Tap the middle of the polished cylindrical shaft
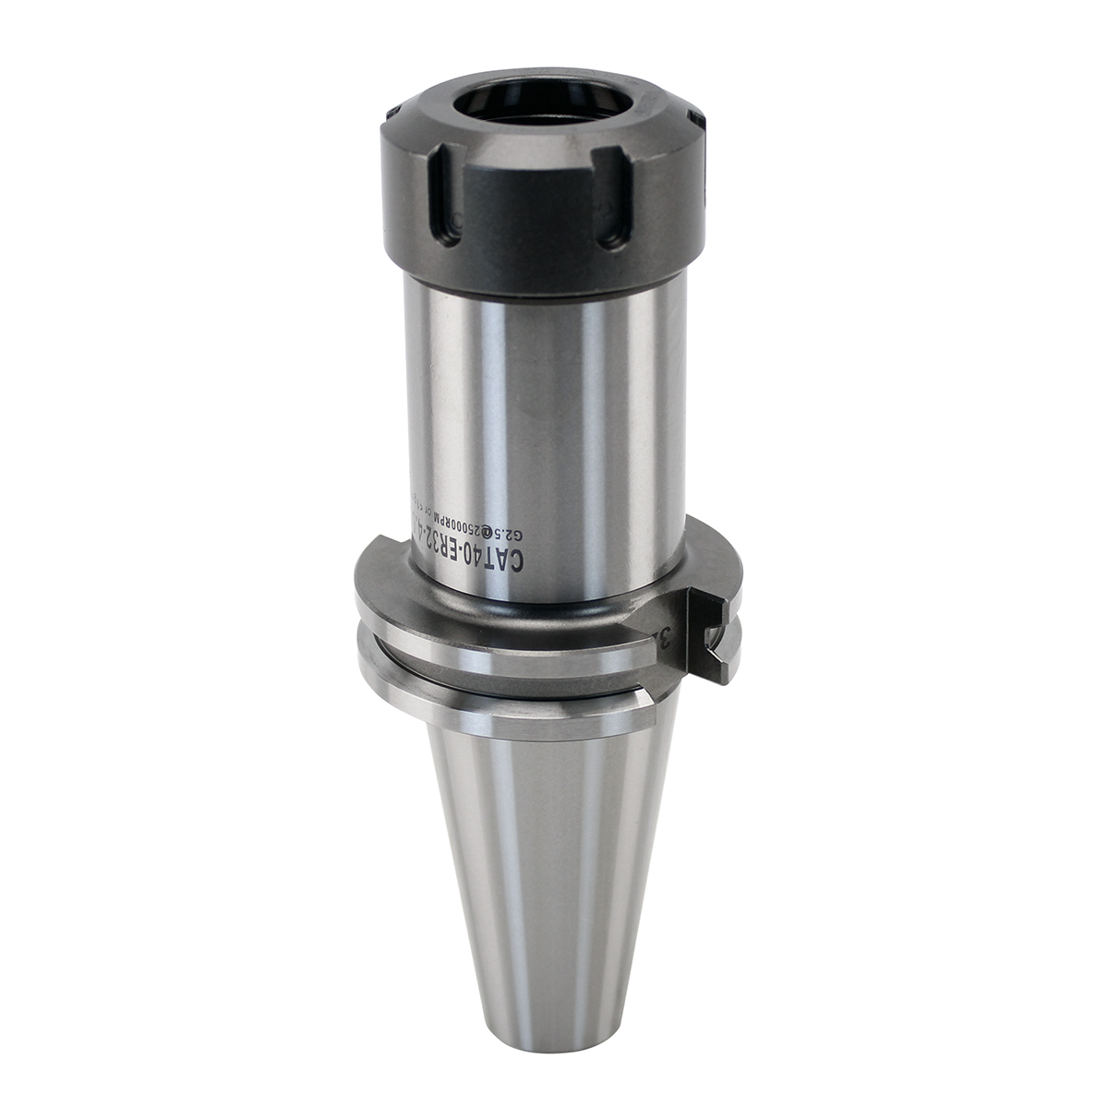[x=545, y=415]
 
